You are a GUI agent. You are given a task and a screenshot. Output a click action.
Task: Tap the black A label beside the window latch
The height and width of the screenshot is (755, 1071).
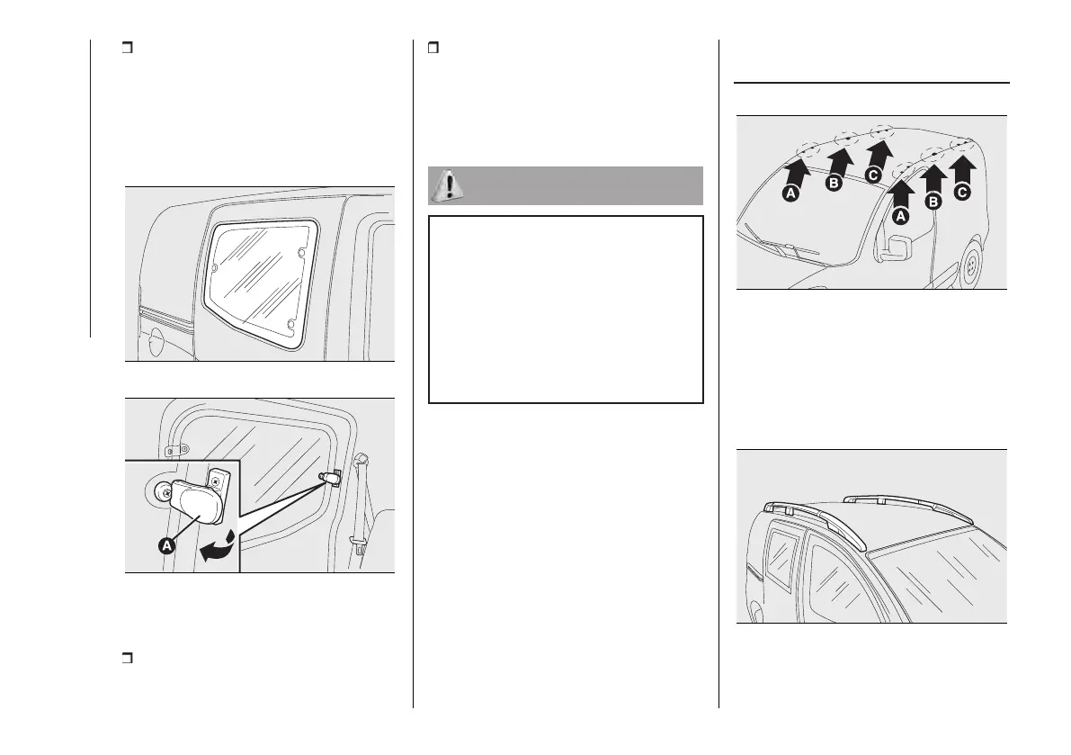pos(166,546)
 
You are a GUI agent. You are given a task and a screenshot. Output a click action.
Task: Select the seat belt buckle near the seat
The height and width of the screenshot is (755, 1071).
pos(360,544)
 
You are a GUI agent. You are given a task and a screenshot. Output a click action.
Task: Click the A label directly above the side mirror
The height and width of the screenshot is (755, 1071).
pos(901,217)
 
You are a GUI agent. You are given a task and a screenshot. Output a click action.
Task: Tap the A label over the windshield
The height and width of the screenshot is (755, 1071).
pos(791,194)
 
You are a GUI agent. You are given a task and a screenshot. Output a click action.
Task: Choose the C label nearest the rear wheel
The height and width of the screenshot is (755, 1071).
pos(961,193)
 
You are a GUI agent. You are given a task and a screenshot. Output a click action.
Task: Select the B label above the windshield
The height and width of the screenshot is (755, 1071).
pos(834,183)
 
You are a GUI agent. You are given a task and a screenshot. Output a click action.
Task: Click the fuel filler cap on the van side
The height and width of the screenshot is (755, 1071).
pos(156,339)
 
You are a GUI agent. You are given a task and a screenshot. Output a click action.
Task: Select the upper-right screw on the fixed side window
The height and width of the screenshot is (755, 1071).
pos(302,254)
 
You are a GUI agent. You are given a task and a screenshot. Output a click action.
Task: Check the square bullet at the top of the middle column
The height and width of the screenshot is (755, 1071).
pos(433,48)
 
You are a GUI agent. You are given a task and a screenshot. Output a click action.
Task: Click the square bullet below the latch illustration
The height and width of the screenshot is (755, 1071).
pos(127,658)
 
